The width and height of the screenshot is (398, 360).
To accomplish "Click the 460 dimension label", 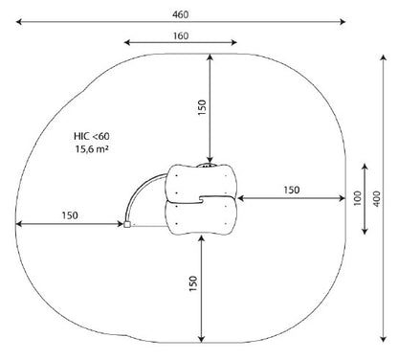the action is point(181,14).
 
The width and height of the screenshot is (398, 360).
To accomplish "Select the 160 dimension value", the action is point(181,35).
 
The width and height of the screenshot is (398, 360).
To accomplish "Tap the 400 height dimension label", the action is point(377,198).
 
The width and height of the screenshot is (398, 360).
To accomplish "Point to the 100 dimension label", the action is point(357,198).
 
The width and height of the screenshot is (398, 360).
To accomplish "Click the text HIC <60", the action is point(92,136).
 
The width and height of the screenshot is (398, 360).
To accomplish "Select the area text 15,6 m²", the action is point(92,148).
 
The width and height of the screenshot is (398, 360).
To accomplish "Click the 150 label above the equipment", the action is point(202,107).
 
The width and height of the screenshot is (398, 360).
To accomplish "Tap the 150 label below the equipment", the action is point(193,283).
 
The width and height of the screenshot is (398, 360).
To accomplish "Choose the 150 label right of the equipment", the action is point(292,190).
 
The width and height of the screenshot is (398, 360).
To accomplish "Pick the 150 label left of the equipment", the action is point(70,215).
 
